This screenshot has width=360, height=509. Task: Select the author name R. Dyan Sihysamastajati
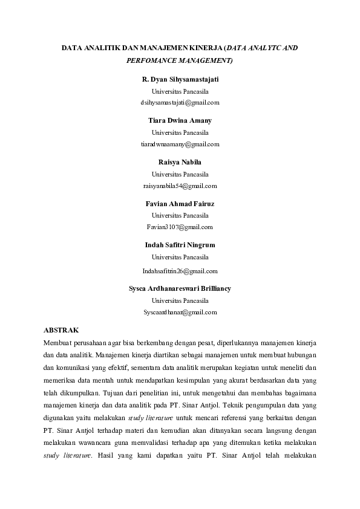[180, 80]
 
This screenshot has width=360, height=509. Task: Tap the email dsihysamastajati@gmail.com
[180, 103]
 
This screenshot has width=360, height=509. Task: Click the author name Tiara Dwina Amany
[180, 121]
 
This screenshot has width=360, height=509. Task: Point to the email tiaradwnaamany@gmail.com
[180, 144]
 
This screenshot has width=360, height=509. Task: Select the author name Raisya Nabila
[180, 163]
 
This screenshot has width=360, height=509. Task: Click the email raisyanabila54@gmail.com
[180, 186]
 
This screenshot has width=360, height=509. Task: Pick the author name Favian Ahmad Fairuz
[180, 204]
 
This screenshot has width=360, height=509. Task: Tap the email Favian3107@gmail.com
[180, 227]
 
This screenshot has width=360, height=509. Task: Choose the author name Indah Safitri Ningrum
[180, 245]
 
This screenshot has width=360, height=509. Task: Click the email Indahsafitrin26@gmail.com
[180, 271]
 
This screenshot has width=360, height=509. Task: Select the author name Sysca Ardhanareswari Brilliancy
[180, 289]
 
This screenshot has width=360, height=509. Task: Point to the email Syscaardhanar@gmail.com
[180, 312]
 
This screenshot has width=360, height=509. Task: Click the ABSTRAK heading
[61, 331]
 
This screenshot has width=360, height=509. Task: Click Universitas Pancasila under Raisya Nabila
[180, 174]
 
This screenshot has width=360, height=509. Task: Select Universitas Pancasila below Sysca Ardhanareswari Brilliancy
[180, 300]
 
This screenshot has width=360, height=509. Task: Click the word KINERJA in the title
[204, 47]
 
